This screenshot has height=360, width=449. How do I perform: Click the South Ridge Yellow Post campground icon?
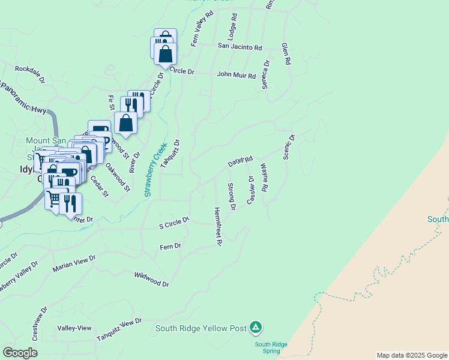[x=256, y=327]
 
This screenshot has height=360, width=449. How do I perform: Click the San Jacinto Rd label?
[x=240, y=46]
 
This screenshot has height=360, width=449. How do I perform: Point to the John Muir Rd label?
[x=237, y=76]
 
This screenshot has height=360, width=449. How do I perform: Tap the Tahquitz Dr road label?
[x=170, y=152]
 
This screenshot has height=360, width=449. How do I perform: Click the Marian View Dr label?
[x=74, y=263]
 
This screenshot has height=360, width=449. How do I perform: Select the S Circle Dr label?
[x=174, y=223]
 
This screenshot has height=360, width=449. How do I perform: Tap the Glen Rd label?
[x=287, y=53]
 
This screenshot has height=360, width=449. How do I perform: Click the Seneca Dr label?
[x=265, y=74]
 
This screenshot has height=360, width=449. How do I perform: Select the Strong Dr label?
[x=231, y=197]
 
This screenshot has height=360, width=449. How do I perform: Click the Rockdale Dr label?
[x=30, y=73]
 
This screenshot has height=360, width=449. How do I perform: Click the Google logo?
[x=20, y=353]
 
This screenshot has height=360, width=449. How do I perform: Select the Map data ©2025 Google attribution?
[x=412, y=355]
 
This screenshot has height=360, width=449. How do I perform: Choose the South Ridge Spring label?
[x=271, y=347]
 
